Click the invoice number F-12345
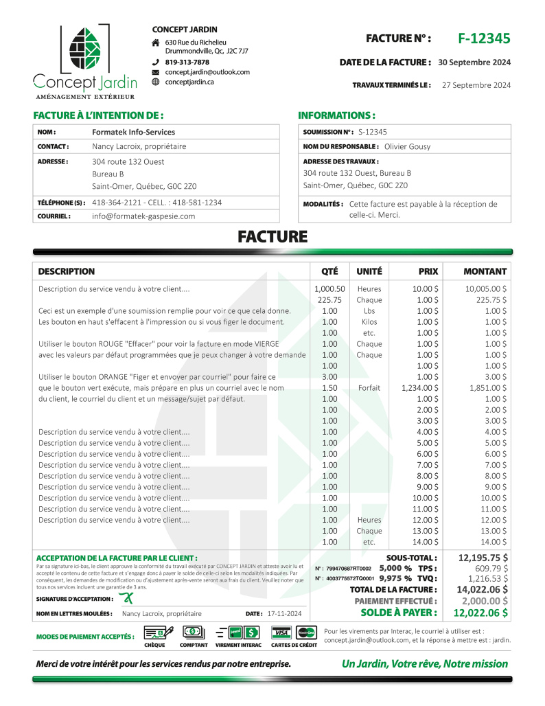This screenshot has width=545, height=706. coord(484,38)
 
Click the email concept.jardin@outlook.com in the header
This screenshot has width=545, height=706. coord(207,71)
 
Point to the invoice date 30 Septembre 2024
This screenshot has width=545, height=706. coord(474,62)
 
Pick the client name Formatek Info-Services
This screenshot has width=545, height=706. coord(133,132)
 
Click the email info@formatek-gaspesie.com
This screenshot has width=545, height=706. coord(143,216)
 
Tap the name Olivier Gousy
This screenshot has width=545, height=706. coord(408,146)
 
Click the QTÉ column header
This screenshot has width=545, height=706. coord(329,271)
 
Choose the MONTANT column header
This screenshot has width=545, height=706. coord(485,271)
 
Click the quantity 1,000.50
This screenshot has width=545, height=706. coord(329,289)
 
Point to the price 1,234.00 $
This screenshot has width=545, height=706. coord(420,388)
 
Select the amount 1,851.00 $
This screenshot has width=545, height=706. coord(486,388)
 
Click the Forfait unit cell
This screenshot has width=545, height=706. coord(369,388)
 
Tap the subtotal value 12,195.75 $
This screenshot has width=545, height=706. coord(483,558)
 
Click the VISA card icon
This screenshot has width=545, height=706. coord(280,633)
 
